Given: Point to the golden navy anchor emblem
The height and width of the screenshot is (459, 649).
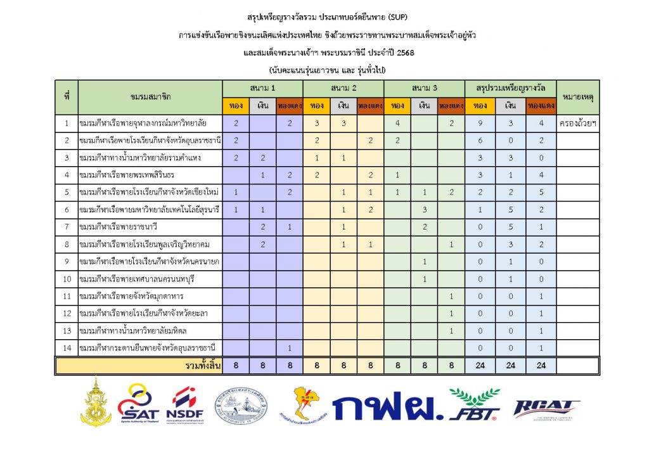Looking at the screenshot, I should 96,402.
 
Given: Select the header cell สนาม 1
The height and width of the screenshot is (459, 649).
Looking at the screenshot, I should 262,87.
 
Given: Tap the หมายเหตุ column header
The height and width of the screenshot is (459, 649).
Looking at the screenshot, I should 577,97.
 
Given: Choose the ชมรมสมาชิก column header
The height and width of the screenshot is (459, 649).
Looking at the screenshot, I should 150,97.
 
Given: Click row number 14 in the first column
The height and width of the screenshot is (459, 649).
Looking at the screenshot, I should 66,348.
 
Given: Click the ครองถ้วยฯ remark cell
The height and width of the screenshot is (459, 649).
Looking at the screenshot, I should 577,122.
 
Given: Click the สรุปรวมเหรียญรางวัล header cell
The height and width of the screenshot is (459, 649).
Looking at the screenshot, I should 510,87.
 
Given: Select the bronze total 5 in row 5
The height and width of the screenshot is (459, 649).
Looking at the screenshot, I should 541,191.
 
